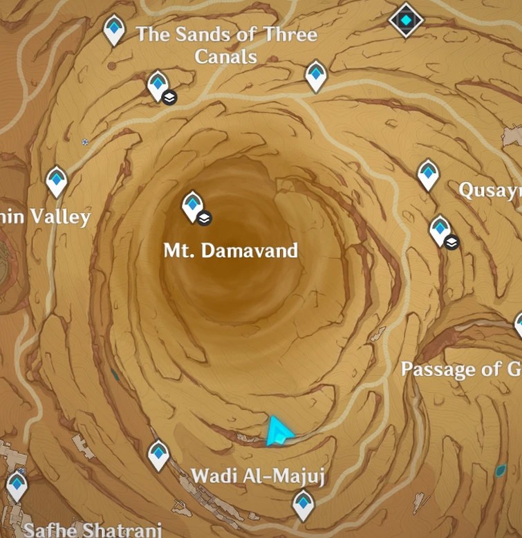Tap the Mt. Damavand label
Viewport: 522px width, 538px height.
click(230, 250)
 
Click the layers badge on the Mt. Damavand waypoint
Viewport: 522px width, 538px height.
click(204, 219)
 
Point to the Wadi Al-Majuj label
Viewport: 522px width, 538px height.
click(258, 476)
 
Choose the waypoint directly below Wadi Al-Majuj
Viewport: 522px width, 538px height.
click(302, 504)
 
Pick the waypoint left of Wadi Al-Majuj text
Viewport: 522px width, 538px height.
click(159, 455)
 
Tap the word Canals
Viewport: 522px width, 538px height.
click(226, 56)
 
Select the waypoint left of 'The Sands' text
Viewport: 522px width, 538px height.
click(114, 30)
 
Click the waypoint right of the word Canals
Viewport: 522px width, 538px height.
click(316, 75)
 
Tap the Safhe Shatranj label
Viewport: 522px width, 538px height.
click(93, 530)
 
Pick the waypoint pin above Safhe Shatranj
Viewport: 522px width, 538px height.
click(17, 485)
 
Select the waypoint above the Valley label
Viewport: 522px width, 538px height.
click(57, 181)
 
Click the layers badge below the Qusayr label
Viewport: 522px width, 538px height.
click(451, 242)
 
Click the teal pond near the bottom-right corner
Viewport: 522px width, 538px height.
click(501, 471)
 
